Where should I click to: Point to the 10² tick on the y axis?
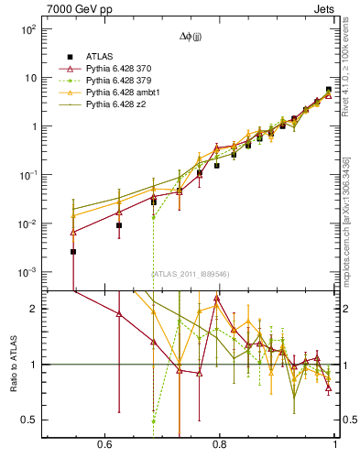tap(28, 29)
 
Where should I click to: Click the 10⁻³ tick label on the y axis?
tap(28, 273)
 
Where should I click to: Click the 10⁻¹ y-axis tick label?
tap(28, 175)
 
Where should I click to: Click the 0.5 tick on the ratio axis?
tap(30, 420)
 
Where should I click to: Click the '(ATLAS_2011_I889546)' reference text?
tap(190, 274)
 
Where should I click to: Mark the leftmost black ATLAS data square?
tap(73, 251)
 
